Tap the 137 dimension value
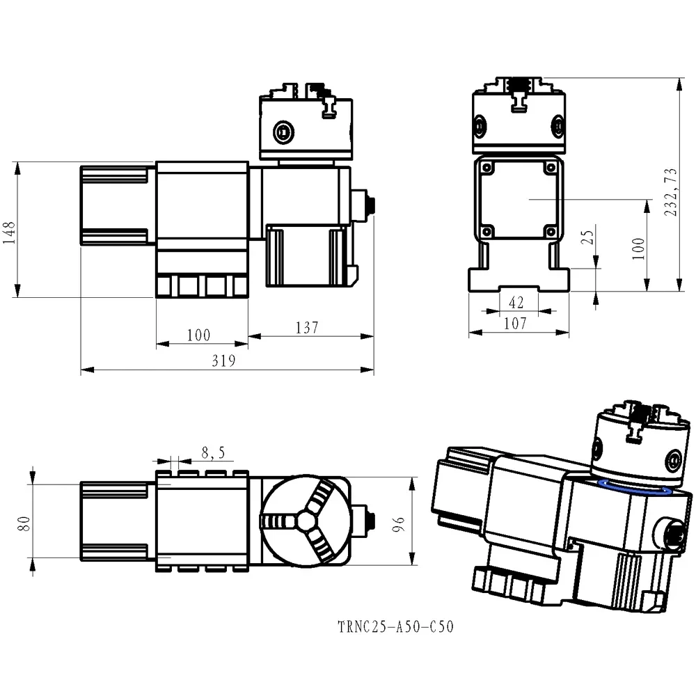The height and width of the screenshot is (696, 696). (x=307, y=327)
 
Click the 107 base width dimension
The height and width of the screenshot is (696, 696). (x=514, y=324)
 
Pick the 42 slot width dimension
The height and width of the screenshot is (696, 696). (x=516, y=301)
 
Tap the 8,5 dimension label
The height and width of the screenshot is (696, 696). (x=212, y=453)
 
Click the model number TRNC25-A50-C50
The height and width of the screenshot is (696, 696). (x=395, y=627)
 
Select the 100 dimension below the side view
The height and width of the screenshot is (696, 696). (x=198, y=335)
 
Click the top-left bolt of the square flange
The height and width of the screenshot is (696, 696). (x=487, y=167)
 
